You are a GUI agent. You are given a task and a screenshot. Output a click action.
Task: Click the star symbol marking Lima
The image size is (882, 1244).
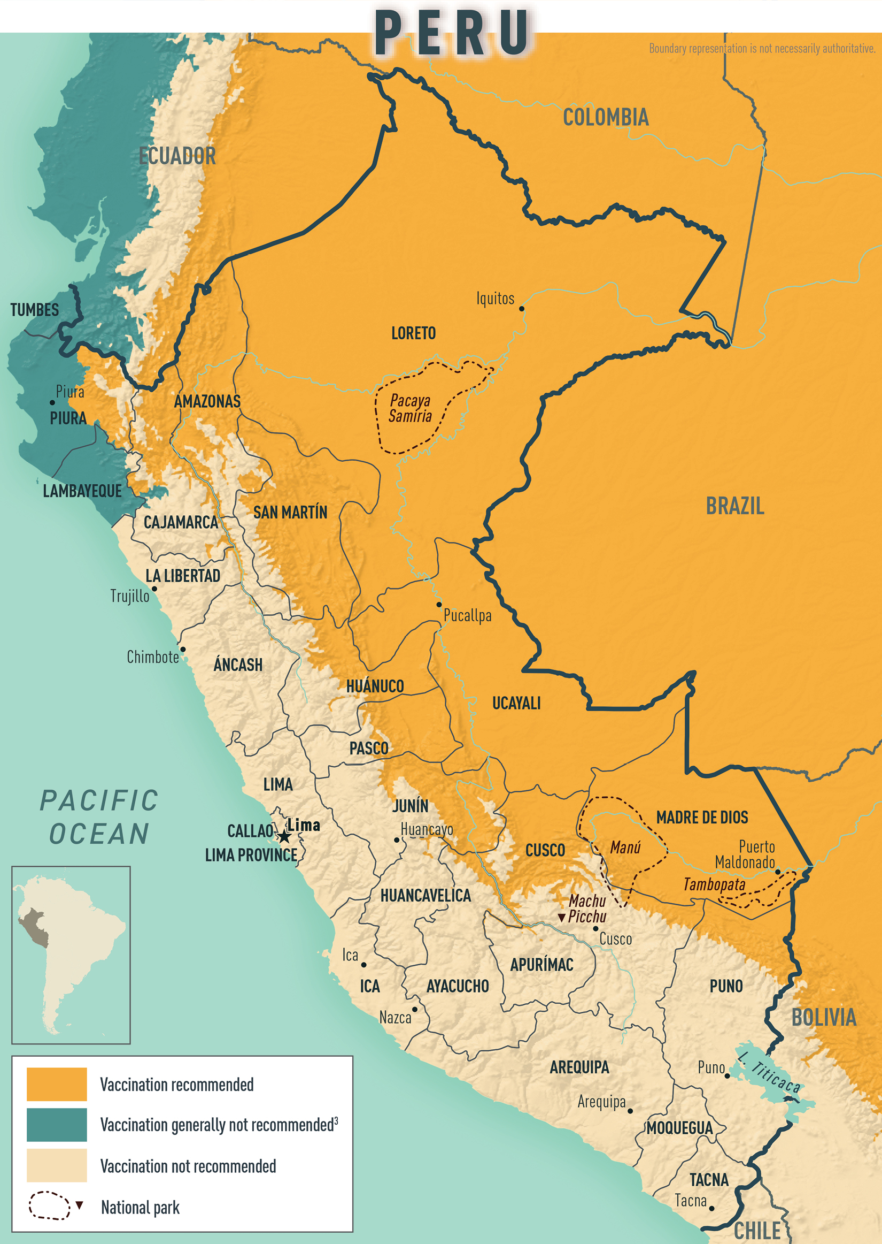(x=284, y=836)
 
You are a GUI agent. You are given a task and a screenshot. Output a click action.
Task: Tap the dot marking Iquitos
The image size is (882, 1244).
(x=521, y=309)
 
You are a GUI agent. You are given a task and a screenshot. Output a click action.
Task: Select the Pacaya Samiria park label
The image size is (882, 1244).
(x=410, y=408)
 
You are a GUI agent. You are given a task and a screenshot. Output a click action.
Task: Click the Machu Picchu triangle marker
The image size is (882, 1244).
(x=562, y=918)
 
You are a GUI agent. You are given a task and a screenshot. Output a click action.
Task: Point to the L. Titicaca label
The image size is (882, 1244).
(x=769, y=1072)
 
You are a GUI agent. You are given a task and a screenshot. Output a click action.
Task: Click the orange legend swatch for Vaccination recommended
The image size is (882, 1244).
(x=57, y=1083)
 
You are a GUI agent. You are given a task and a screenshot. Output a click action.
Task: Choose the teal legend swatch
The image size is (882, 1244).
(x=57, y=1125)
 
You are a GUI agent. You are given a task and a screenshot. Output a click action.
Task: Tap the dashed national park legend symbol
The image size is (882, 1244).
(x=49, y=1205)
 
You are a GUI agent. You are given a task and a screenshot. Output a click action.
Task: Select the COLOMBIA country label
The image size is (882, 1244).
(x=606, y=117)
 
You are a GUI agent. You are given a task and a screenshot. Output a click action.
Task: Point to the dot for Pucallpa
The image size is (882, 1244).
(x=439, y=604)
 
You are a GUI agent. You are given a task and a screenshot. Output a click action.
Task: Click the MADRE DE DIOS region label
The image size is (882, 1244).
(x=702, y=818)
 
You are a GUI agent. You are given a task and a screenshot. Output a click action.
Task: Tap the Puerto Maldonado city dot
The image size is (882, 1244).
(x=777, y=872)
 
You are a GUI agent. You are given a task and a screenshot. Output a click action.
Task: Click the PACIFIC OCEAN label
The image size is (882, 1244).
(x=99, y=817)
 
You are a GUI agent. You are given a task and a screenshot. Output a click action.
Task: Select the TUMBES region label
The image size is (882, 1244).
(x=34, y=310)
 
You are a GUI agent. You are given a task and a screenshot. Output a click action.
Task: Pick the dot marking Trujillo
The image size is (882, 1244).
(x=154, y=589)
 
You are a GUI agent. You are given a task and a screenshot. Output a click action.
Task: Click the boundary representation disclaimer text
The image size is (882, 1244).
(x=761, y=48)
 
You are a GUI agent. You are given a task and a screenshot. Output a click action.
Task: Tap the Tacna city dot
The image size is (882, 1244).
(x=711, y=1208)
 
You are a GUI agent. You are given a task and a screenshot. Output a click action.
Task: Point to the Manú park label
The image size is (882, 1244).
(x=625, y=848)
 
